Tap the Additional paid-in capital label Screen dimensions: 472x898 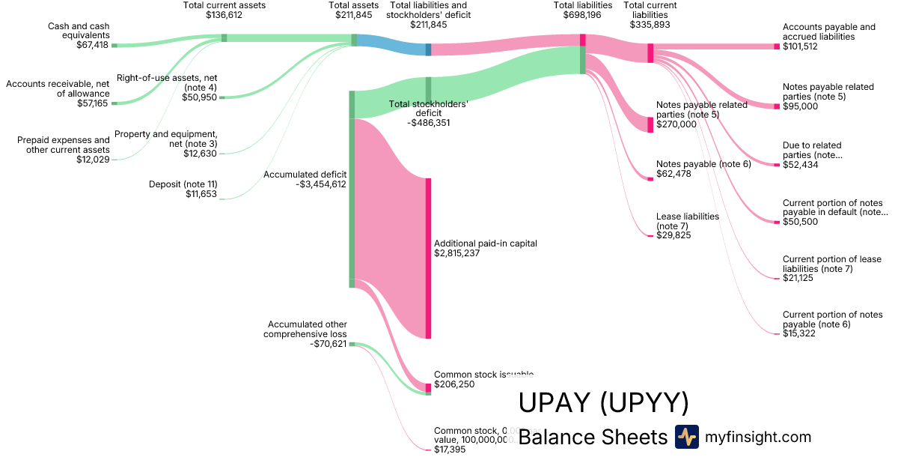pyautogui.click(x=486, y=243)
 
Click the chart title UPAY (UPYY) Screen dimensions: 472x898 pyautogui.click(x=603, y=403)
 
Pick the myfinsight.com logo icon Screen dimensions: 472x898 pyautogui.click(x=686, y=437)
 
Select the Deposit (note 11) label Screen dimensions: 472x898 pyautogui.click(x=183, y=184)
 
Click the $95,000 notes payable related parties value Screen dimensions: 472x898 pyautogui.click(x=800, y=106)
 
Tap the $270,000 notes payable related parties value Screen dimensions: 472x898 pyautogui.click(x=676, y=124)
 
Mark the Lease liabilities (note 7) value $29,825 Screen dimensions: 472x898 pyautogui.click(x=673, y=235)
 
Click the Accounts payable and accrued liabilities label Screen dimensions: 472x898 pyautogui.click(x=828, y=32)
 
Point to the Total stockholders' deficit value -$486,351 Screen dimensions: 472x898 pyautogui.click(x=429, y=123)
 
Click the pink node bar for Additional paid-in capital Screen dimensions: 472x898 pyautogui.click(x=428, y=258)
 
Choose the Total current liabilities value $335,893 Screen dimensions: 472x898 pyautogui.click(x=650, y=25)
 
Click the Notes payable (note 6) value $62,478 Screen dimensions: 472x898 pyautogui.click(x=673, y=174)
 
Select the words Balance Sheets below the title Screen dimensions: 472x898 pyautogui.click(x=592, y=438)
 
